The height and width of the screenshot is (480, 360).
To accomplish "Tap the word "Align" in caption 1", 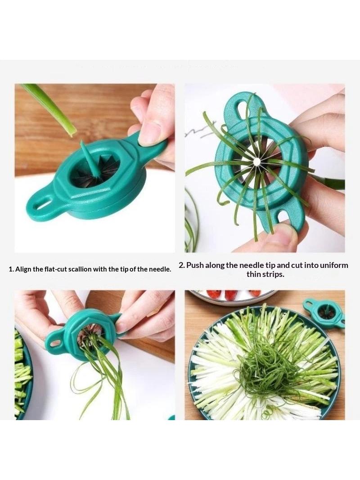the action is click(x=22, y=269).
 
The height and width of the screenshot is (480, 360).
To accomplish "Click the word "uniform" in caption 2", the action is click(x=334, y=265).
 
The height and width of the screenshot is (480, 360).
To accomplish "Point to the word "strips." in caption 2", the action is click(x=273, y=274).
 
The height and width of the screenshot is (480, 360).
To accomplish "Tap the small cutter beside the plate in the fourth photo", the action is click(x=324, y=312).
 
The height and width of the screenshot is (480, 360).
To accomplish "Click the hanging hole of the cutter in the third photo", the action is click(x=55, y=343).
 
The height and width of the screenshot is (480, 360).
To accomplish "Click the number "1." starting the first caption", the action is click(x=11, y=269).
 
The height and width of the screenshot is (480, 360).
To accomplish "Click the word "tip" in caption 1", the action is click(x=124, y=269).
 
